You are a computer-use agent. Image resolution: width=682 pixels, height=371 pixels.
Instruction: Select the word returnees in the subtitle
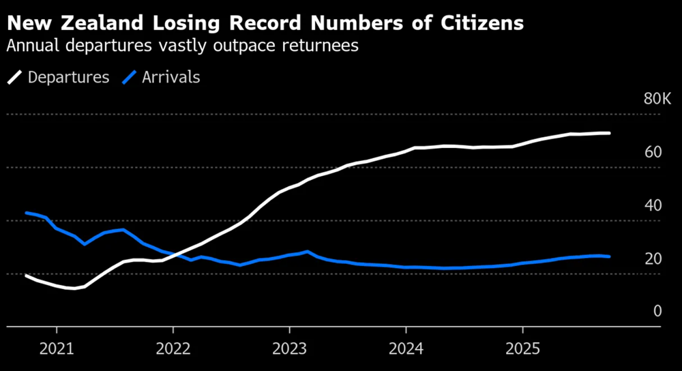click(x=320, y=46)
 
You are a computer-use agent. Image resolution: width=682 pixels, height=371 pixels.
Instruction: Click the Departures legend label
click(x=68, y=77)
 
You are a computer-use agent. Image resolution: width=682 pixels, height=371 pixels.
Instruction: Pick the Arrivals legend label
click(x=171, y=77)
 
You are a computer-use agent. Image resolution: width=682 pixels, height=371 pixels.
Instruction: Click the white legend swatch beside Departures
click(x=15, y=77)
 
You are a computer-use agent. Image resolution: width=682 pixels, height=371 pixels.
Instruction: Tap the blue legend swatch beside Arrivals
click(x=129, y=77)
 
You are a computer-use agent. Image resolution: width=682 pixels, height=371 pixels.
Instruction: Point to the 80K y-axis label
click(x=657, y=100)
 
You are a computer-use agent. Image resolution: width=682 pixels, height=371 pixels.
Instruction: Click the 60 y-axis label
click(x=653, y=151)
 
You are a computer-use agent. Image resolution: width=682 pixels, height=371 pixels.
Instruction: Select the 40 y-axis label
click(x=653, y=205)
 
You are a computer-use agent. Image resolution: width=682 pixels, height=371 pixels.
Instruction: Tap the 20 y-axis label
click(x=653, y=258)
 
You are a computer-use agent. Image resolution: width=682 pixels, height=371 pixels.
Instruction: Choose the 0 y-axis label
click(x=657, y=311)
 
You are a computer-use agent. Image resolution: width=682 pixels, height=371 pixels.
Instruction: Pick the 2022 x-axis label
click(x=173, y=348)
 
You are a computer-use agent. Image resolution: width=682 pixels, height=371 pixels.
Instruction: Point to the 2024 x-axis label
click(x=406, y=348)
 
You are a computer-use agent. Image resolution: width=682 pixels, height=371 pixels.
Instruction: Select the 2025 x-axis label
click(x=522, y=348)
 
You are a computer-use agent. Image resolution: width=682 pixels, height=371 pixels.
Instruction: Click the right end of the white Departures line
click(x=609, y=133)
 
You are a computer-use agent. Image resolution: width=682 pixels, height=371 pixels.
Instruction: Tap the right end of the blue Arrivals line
click(x=609, y=256)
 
